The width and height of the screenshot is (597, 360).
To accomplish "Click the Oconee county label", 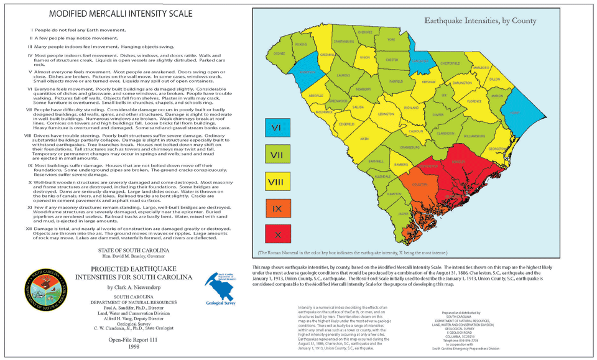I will pyautogui.click(x=279, y=54).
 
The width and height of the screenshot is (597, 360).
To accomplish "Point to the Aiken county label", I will pyautogui.click(x=365, y=139).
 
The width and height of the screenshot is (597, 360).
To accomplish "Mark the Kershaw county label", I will pyautogui.click(x=429, y=82).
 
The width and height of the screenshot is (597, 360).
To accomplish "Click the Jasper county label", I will pyautogui.click(x=403, y=213).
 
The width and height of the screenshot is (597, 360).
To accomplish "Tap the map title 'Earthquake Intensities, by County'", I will pyautogui.click(x=480, y=21).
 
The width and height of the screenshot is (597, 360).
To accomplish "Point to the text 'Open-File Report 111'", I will pyautogui.click(x=141, y=340).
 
